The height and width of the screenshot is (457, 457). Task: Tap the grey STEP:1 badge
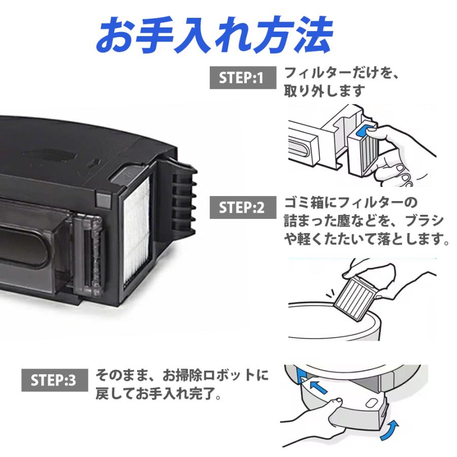(242, 78)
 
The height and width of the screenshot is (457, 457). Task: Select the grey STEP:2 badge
(242, 208)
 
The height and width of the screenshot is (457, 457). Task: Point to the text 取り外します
(324, 90)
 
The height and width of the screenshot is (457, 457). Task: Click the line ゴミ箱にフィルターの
(350, 203)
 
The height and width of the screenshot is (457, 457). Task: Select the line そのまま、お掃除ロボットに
(182, 376)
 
